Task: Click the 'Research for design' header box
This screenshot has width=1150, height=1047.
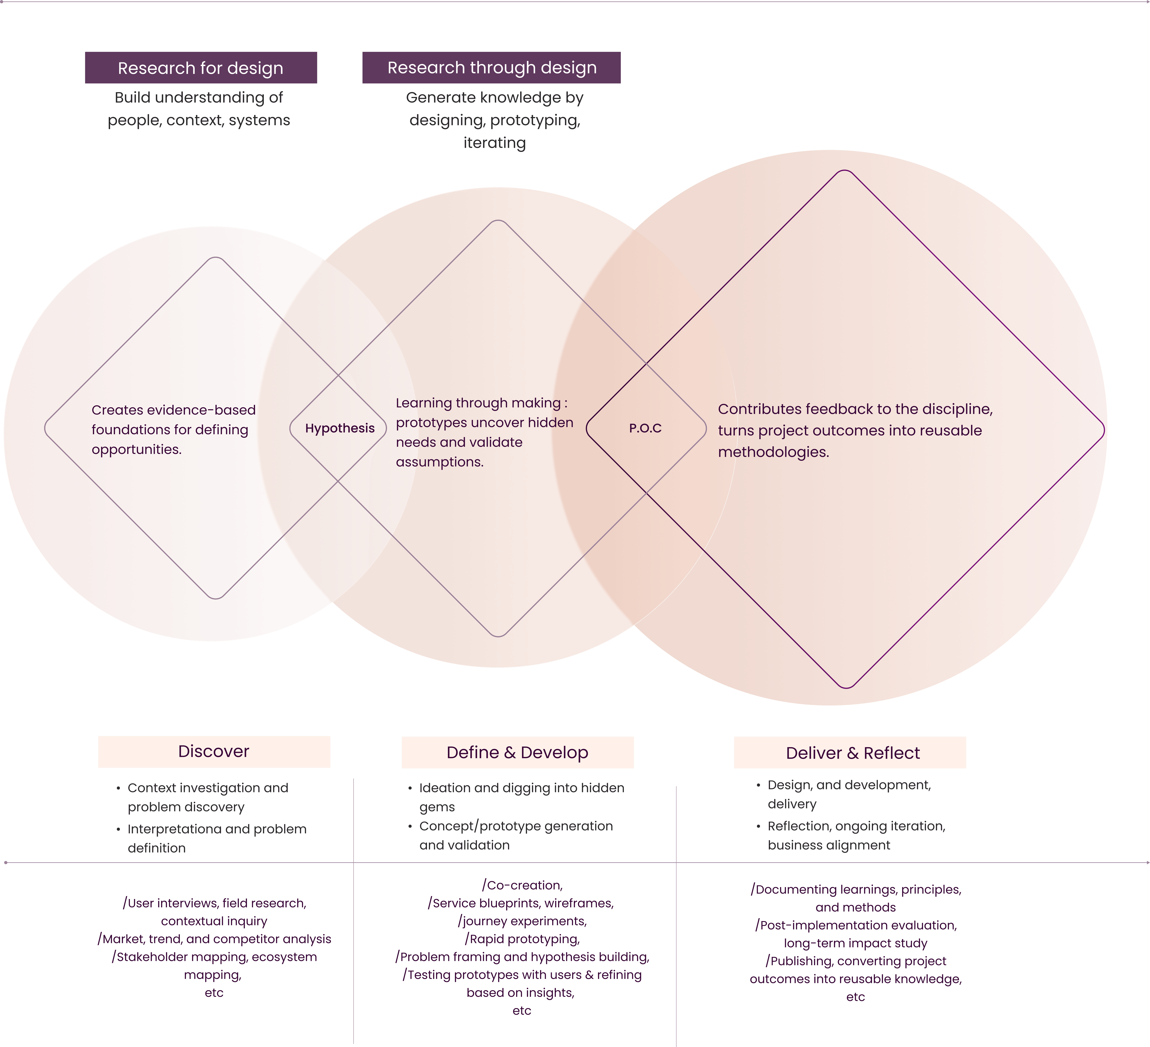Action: (201, 68)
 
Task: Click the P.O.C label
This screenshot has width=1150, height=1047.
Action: (645, 428)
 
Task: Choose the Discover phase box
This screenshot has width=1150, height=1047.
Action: (214, 751)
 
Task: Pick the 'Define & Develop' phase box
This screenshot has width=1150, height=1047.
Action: (517, 753)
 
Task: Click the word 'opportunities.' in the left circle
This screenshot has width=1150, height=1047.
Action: (136, 450)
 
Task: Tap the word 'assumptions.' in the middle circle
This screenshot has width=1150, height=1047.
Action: (440, 462)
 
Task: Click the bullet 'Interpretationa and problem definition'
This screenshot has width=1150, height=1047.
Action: (217, 838)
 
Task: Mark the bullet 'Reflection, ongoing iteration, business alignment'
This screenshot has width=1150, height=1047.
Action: (856, 835)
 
